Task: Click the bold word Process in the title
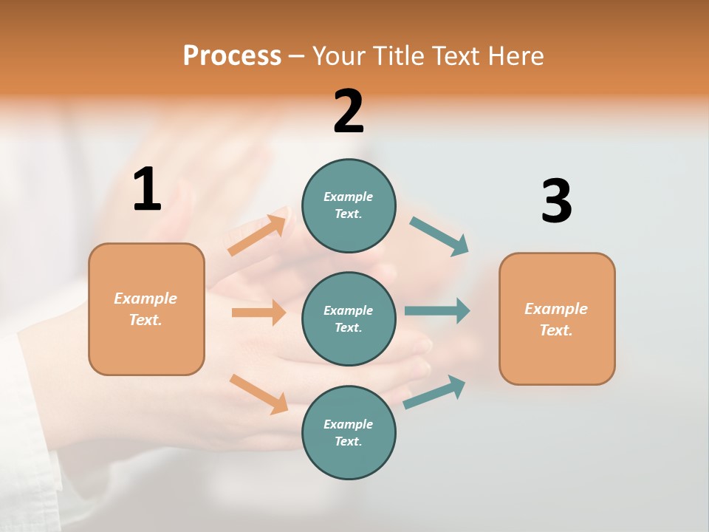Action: [x=232, y=55]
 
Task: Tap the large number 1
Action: [x=147, y=190]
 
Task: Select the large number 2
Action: [x=349, y=112]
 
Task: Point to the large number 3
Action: [x=556, y=201]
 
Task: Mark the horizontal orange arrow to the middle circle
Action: [x=258, y=313]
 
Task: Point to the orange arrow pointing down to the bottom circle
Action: [x=258, y=393]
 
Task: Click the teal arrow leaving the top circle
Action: [x=439, y=236]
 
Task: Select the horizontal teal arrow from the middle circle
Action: [x=437, y=310]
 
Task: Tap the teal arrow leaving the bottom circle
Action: [x=434, y=392]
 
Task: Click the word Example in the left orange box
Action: [x=145, y=299]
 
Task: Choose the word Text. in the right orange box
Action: [x=556, y=330]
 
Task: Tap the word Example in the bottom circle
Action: [x=348, y=424]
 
